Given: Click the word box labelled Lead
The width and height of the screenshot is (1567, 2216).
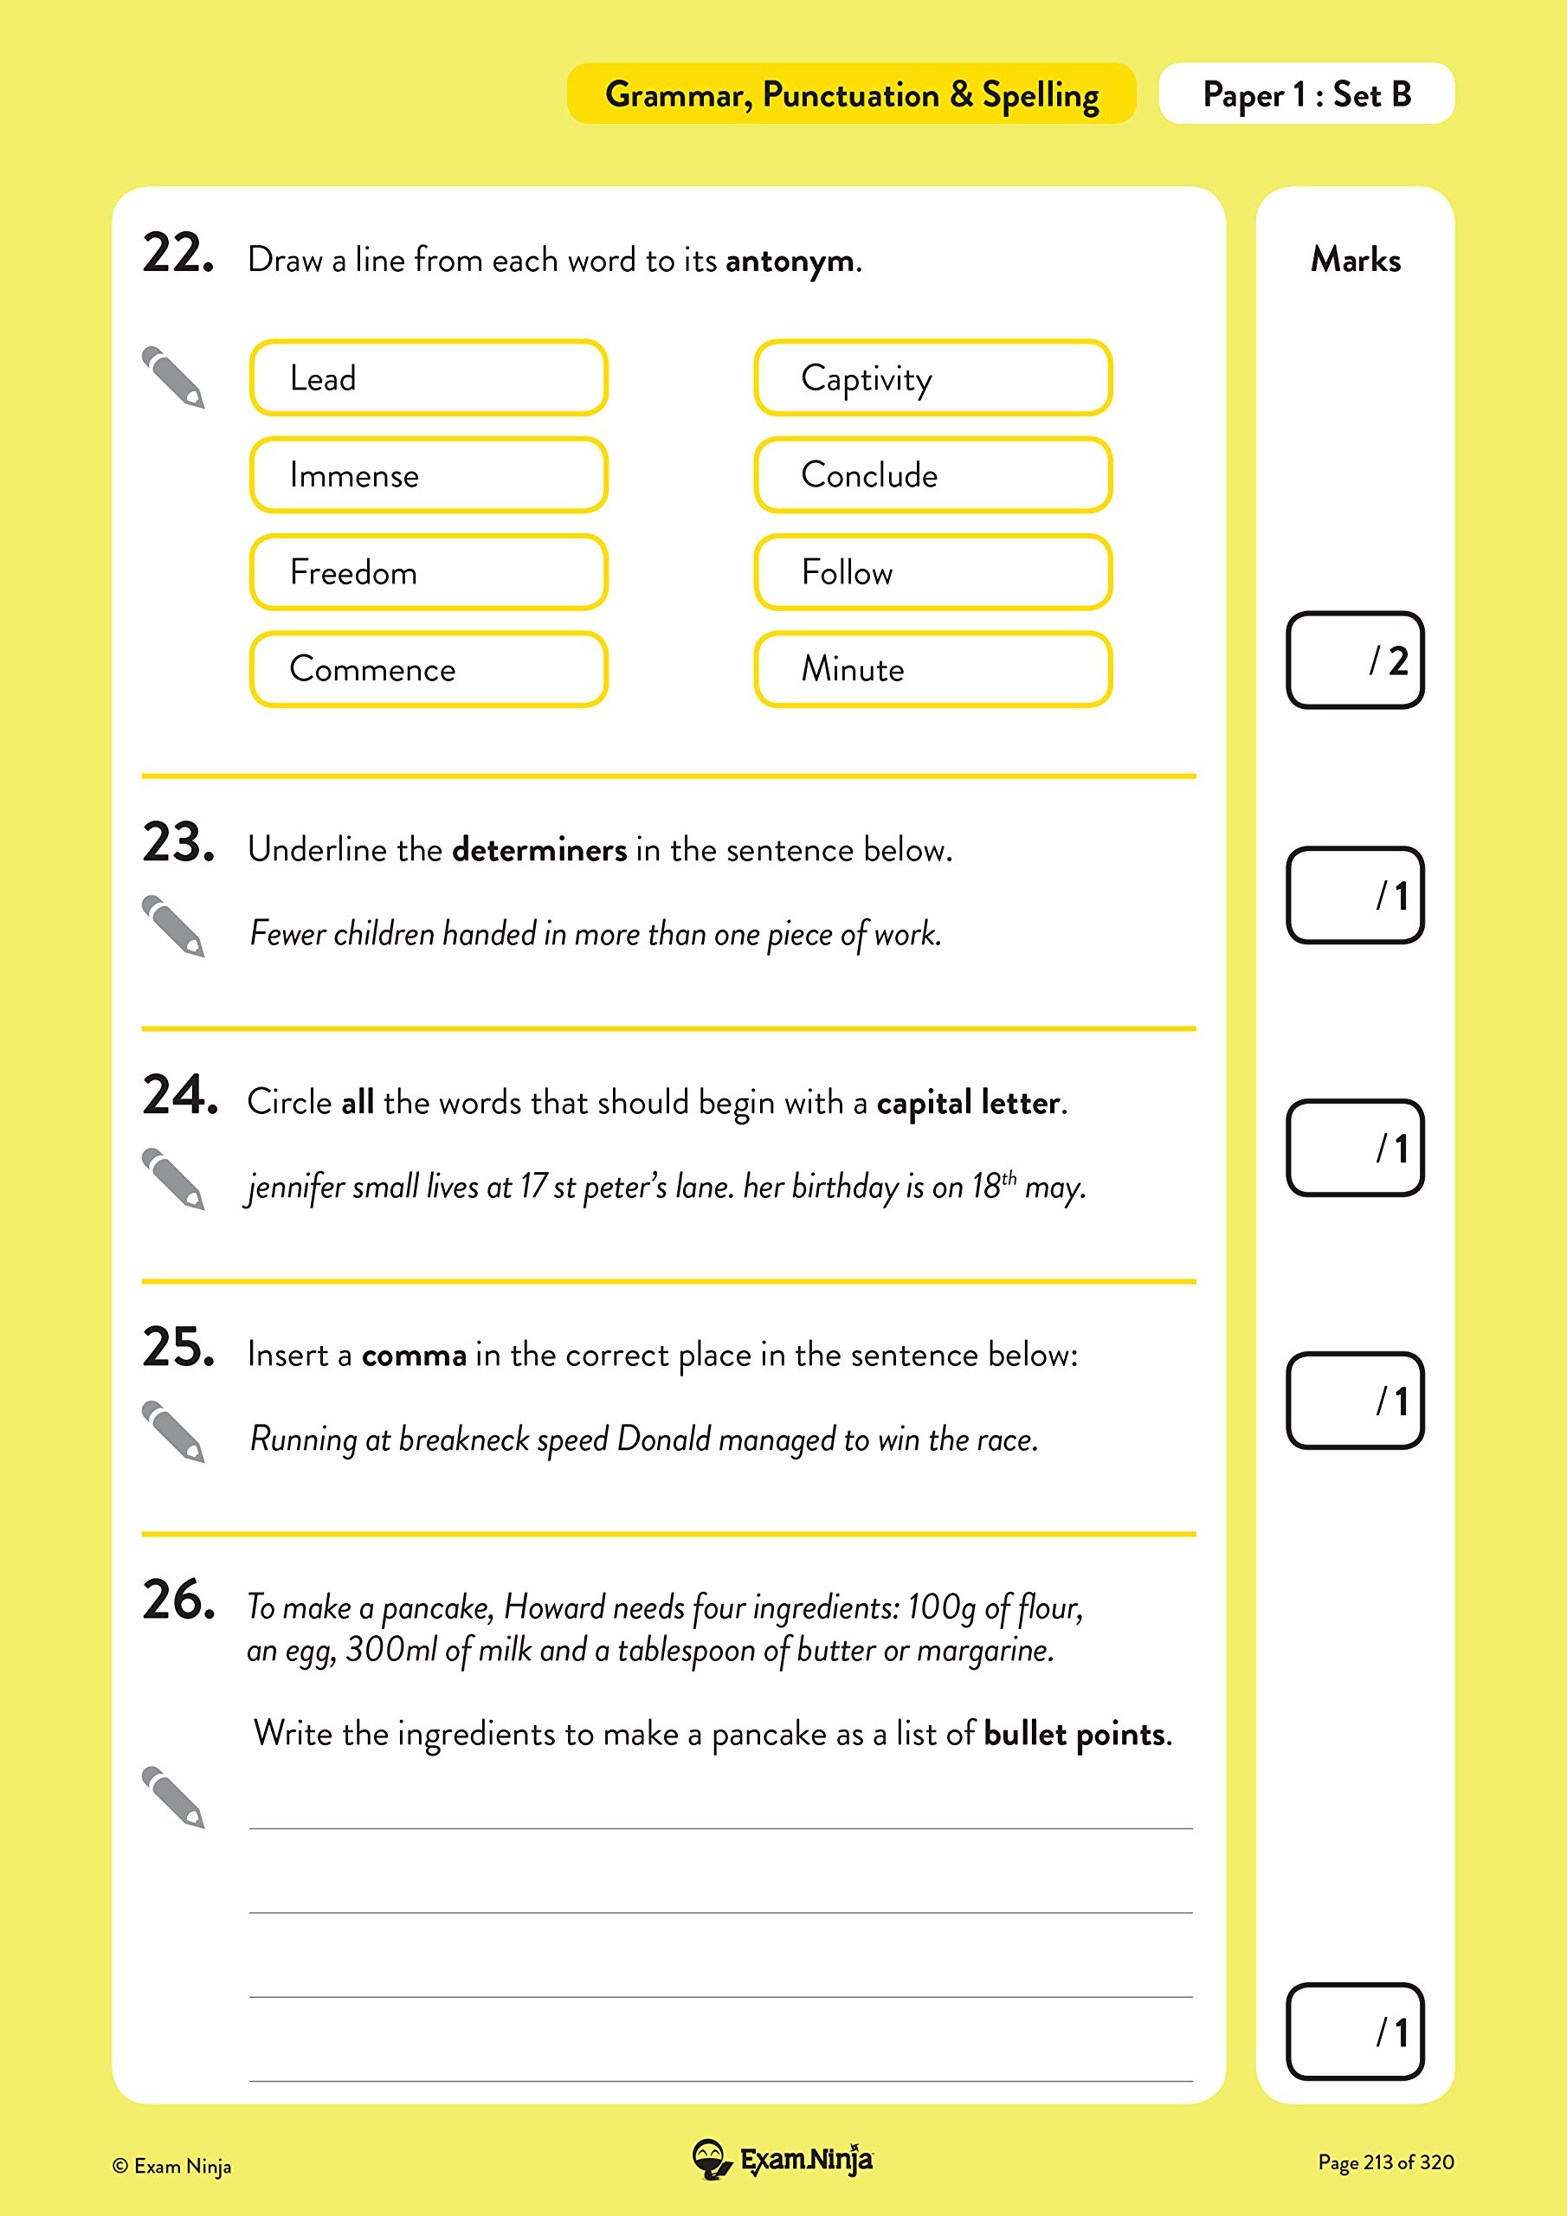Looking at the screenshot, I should (x=428, y=377).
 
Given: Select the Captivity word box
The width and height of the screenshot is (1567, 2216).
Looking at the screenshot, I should (x=932, y=377).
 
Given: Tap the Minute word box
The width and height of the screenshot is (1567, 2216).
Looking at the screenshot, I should (x=932, y=669).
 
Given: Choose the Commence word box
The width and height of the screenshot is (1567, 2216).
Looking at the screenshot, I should (x=428, y=669).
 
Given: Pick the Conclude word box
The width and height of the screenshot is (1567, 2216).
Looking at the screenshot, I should (x=932, y=475).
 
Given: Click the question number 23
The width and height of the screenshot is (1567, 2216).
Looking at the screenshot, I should (x=177, y=842).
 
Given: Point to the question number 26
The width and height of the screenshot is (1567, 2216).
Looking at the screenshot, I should (x=177, y=1601).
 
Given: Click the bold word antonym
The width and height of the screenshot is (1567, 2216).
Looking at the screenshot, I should (x=789, y=261).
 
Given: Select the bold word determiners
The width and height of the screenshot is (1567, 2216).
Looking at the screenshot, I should (x=538, y=850).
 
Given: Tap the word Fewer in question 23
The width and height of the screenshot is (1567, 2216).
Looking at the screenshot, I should (x=287, y=933).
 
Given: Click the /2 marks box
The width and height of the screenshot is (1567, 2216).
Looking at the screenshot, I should (x=1355, y=660).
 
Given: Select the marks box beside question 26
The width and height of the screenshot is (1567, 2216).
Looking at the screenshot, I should (x=1355, y=2032).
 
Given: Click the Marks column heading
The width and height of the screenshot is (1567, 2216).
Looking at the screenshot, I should (x=1355, y=260).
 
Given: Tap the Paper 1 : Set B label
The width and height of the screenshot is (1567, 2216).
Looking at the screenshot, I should (x=1306, y=94).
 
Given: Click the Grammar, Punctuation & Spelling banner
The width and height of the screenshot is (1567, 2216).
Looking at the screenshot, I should (x=851, y=94).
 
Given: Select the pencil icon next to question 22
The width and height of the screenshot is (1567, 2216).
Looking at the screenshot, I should (x=174, y=377).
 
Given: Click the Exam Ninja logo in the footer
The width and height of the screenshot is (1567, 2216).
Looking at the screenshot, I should (x=783, y=2160).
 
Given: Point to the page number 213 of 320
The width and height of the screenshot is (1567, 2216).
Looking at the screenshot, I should (x=1385, y=2162).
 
